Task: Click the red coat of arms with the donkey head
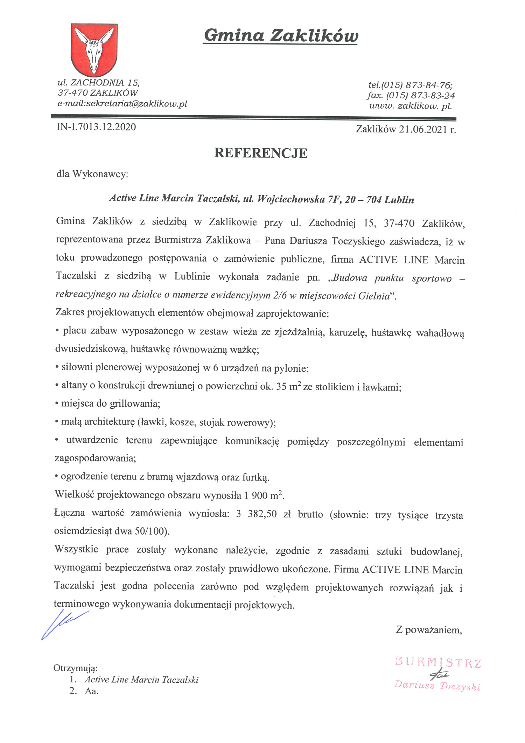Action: click(x=94, y=49)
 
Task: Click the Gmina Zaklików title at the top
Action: click(x=281, y=36)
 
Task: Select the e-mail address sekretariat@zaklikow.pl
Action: click(x=136, y=104)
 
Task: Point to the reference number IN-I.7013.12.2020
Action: click(x=96, y=127)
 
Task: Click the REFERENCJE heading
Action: click(x=261, y=153)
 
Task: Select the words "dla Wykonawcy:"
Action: click(x=92, y=174)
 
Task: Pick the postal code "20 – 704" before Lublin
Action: click(x=363, y=200)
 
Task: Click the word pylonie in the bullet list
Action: click(x=291, y=368)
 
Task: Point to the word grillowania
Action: click(x=135, y=404)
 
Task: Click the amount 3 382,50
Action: click(x=257, y=514)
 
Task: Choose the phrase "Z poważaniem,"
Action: click(x=429, y=630)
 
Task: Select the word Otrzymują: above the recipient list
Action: click(x=76, y=668)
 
